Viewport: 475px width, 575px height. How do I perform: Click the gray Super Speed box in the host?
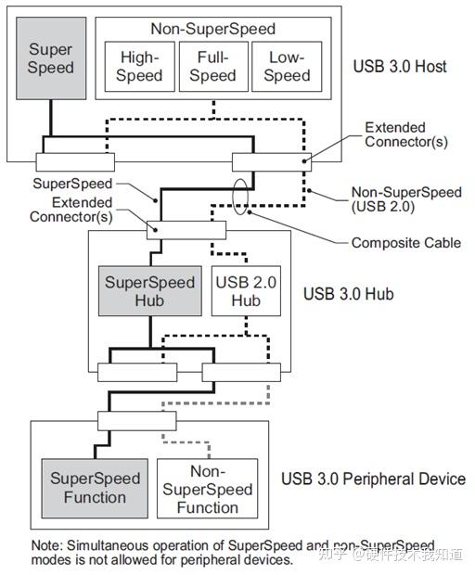[x=50, y=59]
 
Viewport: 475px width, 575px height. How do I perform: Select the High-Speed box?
[x=140, y=67]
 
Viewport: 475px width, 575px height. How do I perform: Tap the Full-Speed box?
[x=213, y=67]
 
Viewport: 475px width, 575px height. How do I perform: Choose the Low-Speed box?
[x=287, y=67]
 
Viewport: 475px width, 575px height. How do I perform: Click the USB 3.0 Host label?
[x=400, y=67]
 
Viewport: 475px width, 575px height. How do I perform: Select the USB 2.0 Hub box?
[x=245, y=292]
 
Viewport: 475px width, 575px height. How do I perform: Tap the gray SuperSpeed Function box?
[x=95, y=488]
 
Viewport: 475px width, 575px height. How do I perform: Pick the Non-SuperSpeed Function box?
[x=207, y=489]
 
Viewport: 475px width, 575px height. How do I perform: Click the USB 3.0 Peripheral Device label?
[x=373, y=479]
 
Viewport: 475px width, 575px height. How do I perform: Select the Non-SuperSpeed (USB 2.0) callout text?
[x=405, y=200]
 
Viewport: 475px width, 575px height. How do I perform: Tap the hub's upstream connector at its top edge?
[x=186, y=230]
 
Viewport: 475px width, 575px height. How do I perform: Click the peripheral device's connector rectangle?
[x=138, y=420]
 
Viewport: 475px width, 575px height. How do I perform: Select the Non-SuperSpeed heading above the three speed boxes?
[x=212, y=29]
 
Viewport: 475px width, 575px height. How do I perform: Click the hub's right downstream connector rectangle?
[x=241, y=372]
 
